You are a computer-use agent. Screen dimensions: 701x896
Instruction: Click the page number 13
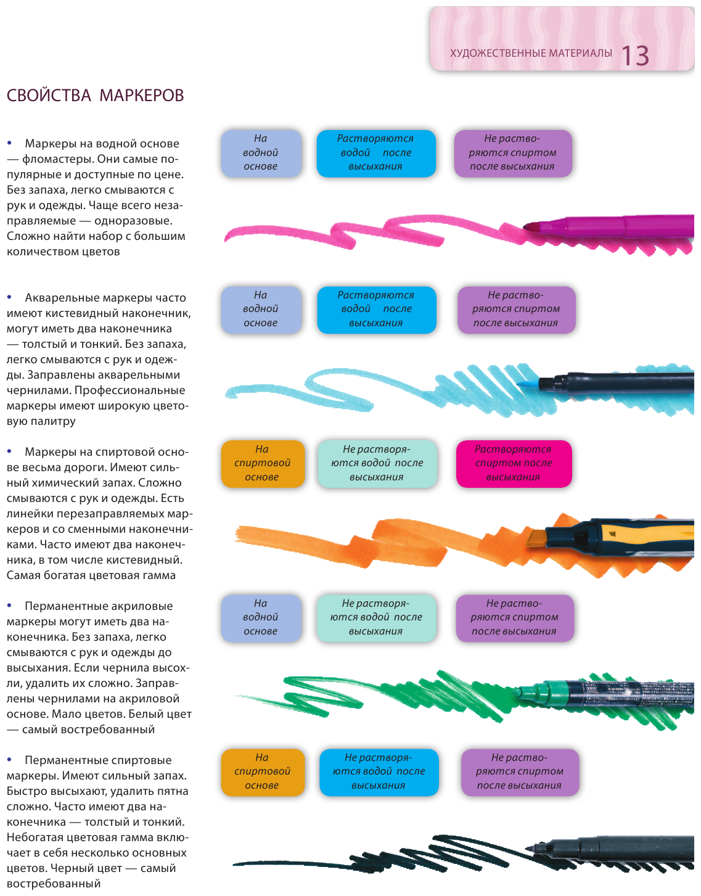[x=635, y=55]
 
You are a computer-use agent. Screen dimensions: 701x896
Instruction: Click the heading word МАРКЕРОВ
[x=141, y=96]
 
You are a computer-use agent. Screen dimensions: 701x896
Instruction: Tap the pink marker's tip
[x=529, y=228]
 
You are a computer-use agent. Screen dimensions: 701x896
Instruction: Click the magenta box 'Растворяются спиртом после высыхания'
[x=514, y=463]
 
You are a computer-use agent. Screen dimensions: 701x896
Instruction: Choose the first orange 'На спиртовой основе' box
[x=262, y=463]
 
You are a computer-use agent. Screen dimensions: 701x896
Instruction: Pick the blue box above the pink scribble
[x=375, y=153]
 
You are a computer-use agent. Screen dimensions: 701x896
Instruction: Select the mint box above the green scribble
[x=376, y=617]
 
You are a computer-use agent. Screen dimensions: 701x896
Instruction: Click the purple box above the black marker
[x=519, y=771]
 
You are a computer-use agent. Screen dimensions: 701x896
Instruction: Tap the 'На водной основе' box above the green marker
[x=261, y=617]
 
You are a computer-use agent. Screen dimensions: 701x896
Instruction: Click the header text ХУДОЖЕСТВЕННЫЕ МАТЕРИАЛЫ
[x=531, y=53]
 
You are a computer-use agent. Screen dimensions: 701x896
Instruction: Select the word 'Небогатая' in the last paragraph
[x=35, y=837]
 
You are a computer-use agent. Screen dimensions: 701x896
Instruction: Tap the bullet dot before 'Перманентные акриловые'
[x=9, y=606]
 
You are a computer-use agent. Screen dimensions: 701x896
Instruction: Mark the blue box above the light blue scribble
[x=376, y=309]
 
